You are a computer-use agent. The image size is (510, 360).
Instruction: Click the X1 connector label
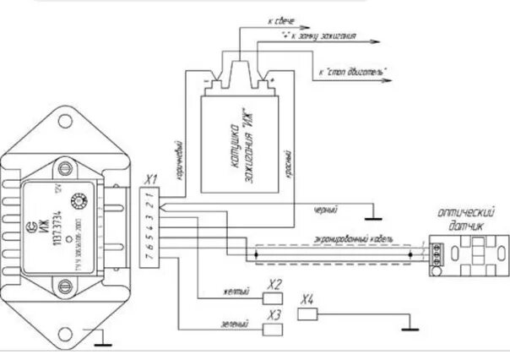151,179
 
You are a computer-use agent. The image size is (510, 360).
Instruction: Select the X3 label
274,314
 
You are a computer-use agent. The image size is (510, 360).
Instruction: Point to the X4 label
308,299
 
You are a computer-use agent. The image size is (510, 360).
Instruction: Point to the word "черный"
324,207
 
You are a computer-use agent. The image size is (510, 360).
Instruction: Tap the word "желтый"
236,292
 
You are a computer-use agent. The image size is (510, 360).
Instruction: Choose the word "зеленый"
236,323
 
